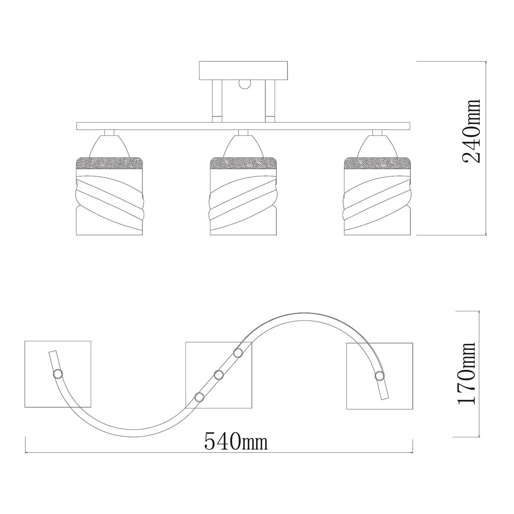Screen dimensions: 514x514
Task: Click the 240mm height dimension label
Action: pos(471,131)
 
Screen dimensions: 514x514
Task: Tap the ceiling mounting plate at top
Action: pos(243,70)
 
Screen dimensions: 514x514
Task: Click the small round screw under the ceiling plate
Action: pos(245,84)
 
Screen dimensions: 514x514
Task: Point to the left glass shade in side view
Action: pos(110,196)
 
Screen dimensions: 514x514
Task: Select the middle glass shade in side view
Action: pos(243,196)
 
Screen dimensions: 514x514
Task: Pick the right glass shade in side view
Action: pos(377,196)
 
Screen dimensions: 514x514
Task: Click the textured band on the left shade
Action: pos(110,163)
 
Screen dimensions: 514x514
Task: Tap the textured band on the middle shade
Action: pos(243,163)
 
